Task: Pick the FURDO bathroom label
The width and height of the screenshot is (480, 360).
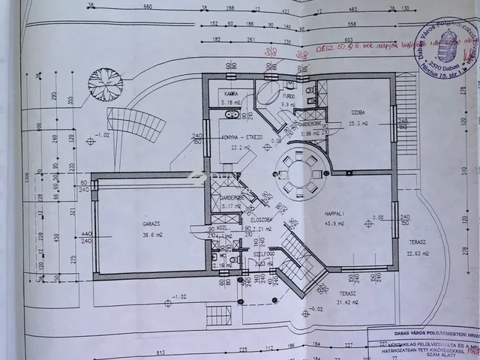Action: pos(289,97)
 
